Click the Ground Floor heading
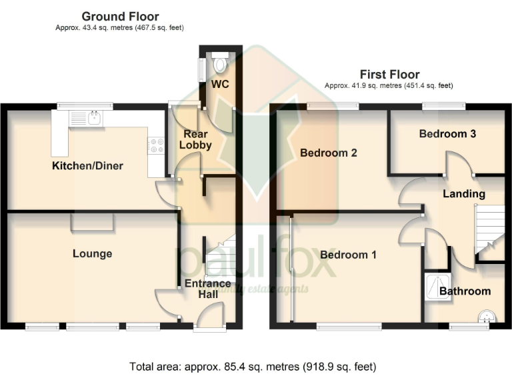pos(120,16)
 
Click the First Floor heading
pos(389,74)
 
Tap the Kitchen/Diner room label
pos(88,165)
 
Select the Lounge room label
pos(92,253)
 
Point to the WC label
pos(220,85)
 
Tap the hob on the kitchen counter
pos(157,145)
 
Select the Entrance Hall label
pos(207,289)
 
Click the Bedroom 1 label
pos(348,255)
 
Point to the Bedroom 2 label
pos(328,153)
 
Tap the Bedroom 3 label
pos(447,133)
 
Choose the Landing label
pos(464,194)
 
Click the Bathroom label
pos(465,291)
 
